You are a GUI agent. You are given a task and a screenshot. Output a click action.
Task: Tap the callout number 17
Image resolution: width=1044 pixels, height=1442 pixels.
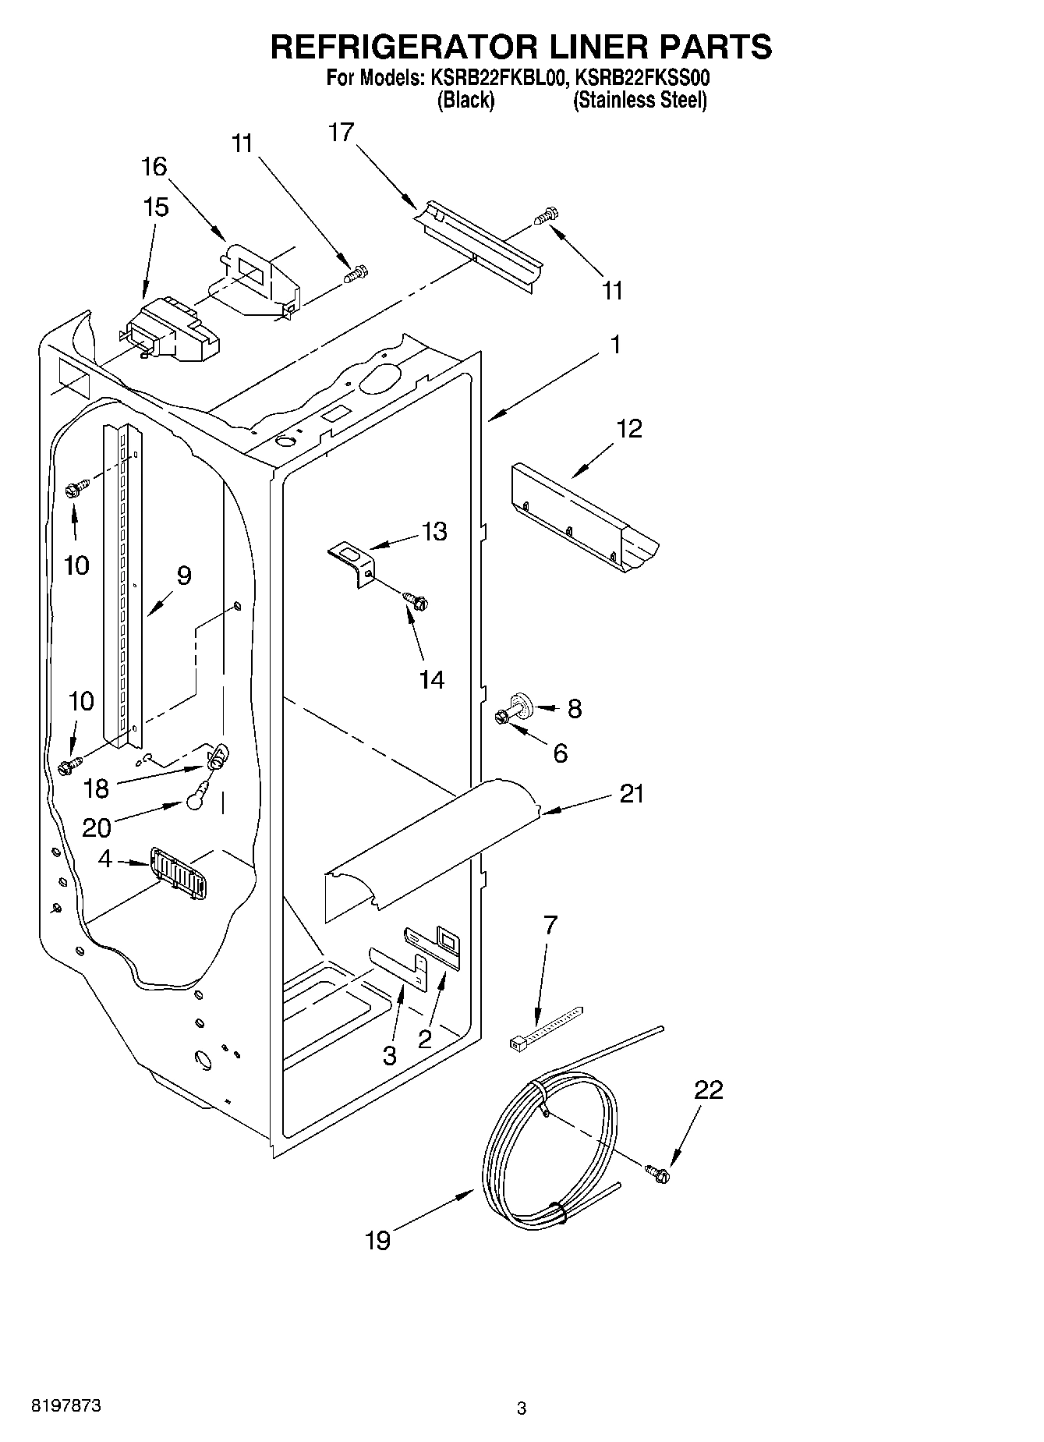[x=341, y=133]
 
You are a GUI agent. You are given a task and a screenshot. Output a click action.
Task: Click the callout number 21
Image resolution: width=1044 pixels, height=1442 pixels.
[x=632, y=794]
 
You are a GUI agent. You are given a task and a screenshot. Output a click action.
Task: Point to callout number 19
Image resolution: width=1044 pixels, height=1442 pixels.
[x=378, y=1240]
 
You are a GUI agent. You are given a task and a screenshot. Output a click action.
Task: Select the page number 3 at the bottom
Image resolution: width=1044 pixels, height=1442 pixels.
[x=522, y=1408]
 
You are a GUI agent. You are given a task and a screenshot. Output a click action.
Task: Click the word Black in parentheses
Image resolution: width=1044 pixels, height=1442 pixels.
[x=465, y=101]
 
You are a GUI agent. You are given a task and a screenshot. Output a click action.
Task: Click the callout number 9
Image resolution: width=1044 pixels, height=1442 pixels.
[x=183, y=576]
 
